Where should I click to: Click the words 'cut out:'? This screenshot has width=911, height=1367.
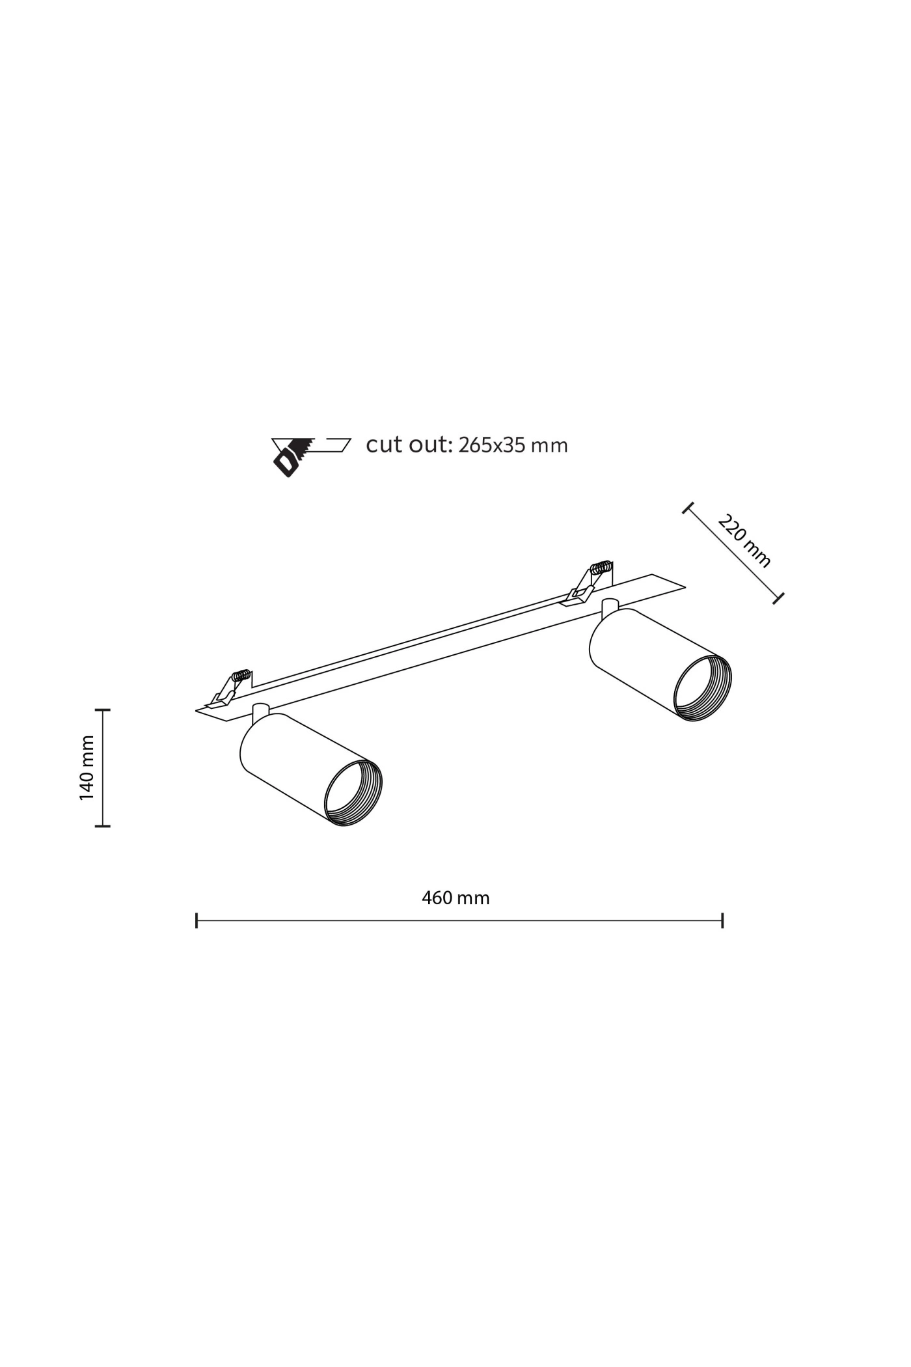[408, 445]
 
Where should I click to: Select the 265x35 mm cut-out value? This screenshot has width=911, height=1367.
[513, 445]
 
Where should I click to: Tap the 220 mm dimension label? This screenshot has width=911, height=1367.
[744, 541]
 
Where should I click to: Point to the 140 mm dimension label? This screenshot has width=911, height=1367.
[87, 767]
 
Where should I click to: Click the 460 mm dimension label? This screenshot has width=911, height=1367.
[455, 898]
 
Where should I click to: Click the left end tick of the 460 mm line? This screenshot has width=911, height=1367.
[197, 920]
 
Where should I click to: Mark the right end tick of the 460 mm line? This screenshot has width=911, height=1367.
[722, 920]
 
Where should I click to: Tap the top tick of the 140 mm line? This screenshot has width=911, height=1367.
[102, 710]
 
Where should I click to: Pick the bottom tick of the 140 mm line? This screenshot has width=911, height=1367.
[102, 826]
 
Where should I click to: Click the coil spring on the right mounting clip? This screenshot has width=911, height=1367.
[602, 567]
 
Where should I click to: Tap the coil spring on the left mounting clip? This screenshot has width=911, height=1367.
[241, 676]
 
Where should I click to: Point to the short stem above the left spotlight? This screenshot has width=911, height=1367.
[260, 711]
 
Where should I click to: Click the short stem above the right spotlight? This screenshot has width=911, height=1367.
[610, 606]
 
